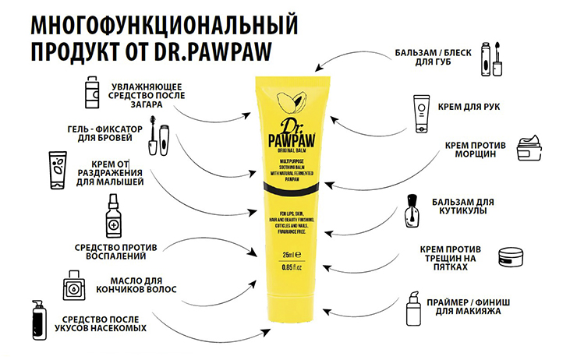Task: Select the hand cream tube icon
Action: tap(422, 110)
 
